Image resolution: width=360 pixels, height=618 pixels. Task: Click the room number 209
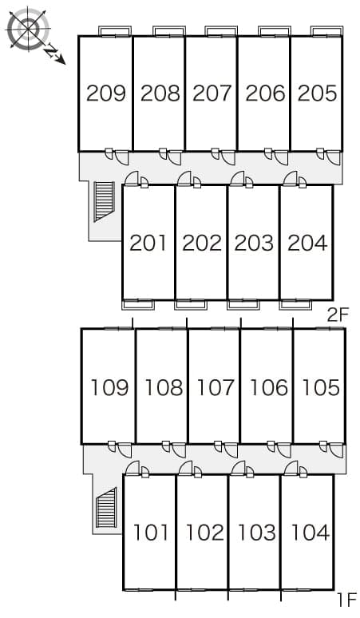pos(106,93)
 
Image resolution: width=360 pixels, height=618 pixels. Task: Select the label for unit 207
pos(212,93)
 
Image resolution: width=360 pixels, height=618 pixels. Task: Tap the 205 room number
pos(318,93)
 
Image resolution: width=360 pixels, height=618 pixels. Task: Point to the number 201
pos(148,243)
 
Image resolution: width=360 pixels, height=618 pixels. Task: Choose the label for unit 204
pos(307,243)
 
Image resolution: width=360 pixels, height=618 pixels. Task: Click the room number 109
pos(110,387)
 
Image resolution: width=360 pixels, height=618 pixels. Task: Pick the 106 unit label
pos(269,387)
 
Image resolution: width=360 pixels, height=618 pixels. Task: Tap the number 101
pos(151,533)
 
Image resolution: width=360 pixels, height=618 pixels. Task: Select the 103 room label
pos(257,533)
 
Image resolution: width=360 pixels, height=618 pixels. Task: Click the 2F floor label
pos(338,315)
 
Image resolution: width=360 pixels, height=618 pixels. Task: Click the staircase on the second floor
pos(105,201)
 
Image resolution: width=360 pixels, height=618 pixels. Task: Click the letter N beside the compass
pos(50,51)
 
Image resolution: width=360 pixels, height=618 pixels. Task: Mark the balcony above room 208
pos(168,31)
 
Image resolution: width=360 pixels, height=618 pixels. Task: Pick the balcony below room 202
pos(191,305)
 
